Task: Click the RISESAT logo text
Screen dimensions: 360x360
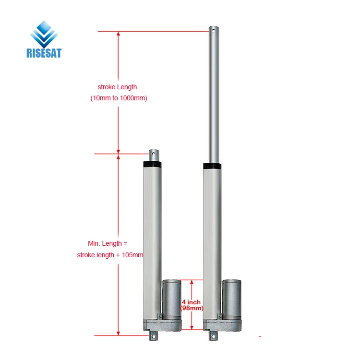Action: pyautogui.click(x=44, y=53)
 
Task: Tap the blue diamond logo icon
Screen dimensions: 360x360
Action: pyautogui.click(x=44, y=33)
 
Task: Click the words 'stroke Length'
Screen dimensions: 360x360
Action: pyautogui.click(x=117, y=87)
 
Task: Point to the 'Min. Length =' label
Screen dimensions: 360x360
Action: pyautogui.click(x=108, y=244)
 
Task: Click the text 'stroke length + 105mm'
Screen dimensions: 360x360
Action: pyautogui.click(x=110, y=255)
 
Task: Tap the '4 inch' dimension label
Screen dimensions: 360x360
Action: pyautogui.click(x=191, y=302)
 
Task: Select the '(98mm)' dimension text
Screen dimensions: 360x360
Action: pyautogui.click(x=192, y=308)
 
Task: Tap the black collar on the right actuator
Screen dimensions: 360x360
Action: pyautogui.click(x=212, y=166)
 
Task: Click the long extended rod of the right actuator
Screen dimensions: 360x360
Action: pyautogui.click(x=213, y=96)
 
